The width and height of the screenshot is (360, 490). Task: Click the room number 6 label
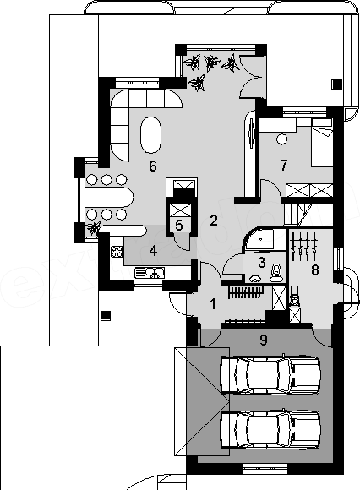(152, 166)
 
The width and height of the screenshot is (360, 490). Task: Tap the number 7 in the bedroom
(283, 165)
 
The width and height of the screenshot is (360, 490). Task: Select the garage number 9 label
(264, 340)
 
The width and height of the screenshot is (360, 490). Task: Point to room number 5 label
(179, 225)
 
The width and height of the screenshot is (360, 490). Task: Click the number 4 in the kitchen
(153, 251)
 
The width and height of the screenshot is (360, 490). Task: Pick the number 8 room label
(315, 270)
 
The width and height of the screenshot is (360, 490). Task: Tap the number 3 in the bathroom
(262, 262)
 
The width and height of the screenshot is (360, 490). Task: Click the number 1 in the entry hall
(213, 304)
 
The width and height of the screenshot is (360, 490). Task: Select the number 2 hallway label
(214, 221)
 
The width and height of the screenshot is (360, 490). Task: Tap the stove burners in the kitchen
(117, 252)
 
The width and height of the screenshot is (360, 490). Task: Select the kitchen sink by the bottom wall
(150, 273)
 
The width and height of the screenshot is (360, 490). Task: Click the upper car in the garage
(270, 374)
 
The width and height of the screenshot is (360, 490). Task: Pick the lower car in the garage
(270, 429)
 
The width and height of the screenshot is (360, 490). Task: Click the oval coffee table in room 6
(151, 135)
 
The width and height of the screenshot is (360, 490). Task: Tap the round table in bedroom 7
(282, 139)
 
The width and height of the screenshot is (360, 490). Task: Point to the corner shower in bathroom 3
(259, 239)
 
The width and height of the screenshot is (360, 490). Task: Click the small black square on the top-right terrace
(336, 84)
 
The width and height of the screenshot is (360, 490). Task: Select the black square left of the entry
(106, 315)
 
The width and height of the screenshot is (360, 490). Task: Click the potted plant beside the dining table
(94, 228)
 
